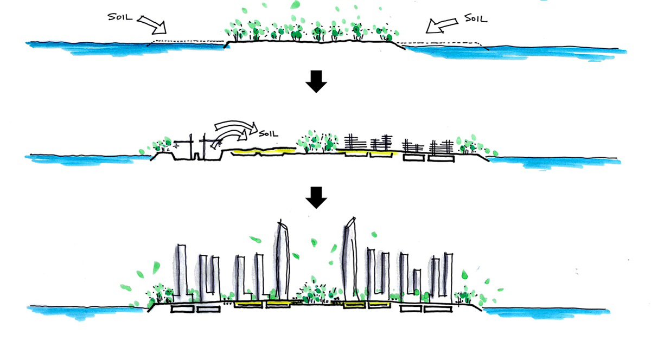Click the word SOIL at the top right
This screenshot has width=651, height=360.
[x=475, y=18]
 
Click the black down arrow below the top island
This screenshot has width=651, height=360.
[x=316, y=82]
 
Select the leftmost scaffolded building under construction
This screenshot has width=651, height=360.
[x=355, y=142]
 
